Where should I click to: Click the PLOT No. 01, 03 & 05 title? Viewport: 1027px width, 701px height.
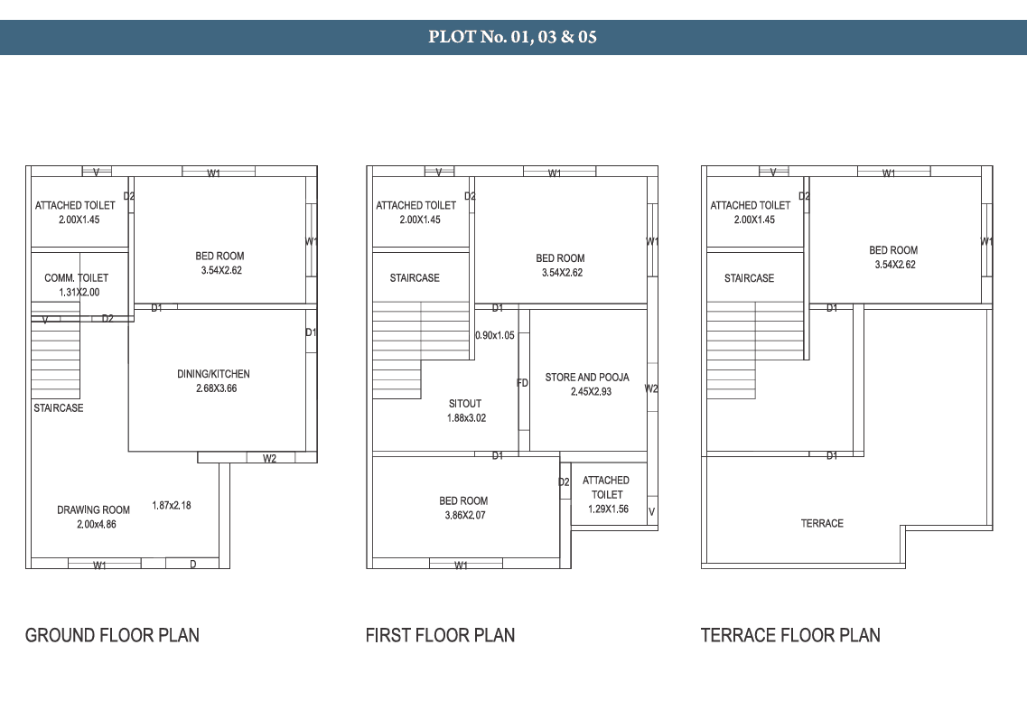coord(512,37)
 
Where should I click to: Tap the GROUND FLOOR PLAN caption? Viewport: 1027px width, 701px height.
coord(112,635)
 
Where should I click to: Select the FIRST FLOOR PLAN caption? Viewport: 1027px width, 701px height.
coord(440,635)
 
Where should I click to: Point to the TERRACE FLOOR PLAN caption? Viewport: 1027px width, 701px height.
coord(790,635)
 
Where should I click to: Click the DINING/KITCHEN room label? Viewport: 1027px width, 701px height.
coord(213,374)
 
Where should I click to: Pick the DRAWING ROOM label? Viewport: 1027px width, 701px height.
coord(93,509)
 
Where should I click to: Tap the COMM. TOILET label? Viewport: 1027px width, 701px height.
coord(77,277)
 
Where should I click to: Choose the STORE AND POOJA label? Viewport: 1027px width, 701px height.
coord(587,378)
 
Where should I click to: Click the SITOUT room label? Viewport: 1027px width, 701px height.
coord(465,404)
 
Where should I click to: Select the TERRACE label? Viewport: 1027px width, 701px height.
coord(822,523)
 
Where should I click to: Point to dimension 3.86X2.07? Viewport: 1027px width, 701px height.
coord(465,515)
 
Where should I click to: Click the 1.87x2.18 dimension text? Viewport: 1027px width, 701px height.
coord(172,505)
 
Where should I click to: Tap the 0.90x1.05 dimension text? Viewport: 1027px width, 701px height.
coord(494,335)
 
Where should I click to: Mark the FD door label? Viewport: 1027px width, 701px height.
coord(523,383)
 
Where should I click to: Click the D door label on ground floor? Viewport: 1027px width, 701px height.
coord(193,564)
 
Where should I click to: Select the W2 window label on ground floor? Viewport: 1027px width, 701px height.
coord(269,458)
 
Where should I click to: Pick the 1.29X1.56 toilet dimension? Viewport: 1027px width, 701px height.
coord(608,509)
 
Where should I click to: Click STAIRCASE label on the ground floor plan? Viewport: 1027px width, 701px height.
coord(59,408)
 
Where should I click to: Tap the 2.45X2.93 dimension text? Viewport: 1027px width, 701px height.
coord(591,392)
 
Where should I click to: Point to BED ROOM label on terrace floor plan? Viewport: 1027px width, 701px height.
coord(893,250)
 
